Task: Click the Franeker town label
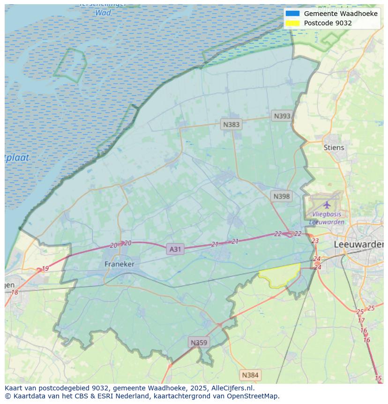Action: click(x=119, y=264)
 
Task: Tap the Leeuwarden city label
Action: click(x=358, y=244)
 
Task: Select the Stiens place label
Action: click(x=334, y=147)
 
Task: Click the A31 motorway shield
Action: click(x=175, y=249)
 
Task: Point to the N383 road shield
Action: click(x=231, y=124)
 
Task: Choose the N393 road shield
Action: click(x=282, y=116)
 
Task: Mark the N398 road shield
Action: click(x=281, y=196)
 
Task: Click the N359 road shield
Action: click(x=199, y=343)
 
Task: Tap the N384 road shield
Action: click(x=250, y=375)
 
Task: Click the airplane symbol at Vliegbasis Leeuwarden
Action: click(x=327, y=205)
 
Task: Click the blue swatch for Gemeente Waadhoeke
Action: click(x=292, y=14)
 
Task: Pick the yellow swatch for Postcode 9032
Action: click(x=292, y=23)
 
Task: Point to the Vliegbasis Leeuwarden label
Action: click(x=327, y=218)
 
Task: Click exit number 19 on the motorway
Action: click(x=45, y=269)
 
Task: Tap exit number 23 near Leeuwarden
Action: click(x=315, y=241)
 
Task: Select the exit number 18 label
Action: click(x=15, y=292)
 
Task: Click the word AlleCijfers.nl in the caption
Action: click(x=231, y=388)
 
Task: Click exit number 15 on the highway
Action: click(x=378, y=378)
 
